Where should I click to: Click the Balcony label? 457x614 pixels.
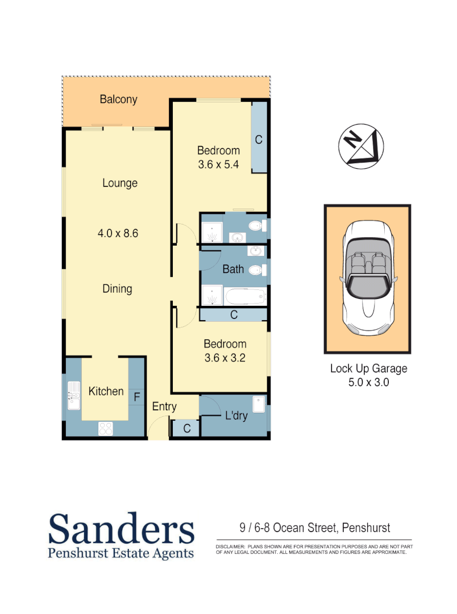click(x=118, y=99)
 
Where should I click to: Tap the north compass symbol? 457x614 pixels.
click(x=361, y=147)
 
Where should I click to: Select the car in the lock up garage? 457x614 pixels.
click(x=367, y=279)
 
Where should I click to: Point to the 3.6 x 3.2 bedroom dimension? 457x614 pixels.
click(x=225, y=358)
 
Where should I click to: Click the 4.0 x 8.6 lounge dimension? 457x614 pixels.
click(x=118, y=233)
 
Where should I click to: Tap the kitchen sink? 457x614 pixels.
click(x=74, y=396)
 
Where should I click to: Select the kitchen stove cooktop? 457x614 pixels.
click(x=106, y=428)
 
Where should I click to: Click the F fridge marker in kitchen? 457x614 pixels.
click(x=136, y=397)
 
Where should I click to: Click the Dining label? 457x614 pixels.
click(x=117, y=289)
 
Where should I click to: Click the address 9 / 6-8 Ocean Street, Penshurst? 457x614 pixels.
click(x=314, y=528)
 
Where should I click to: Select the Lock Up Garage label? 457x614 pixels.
click(x=368, y=368)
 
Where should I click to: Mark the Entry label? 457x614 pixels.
click(x=164, y=407)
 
